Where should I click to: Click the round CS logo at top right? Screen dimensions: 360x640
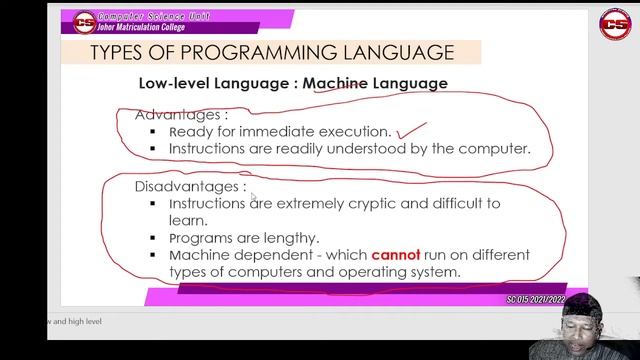point(614,24)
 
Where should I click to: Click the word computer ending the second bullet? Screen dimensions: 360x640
point(492,148)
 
